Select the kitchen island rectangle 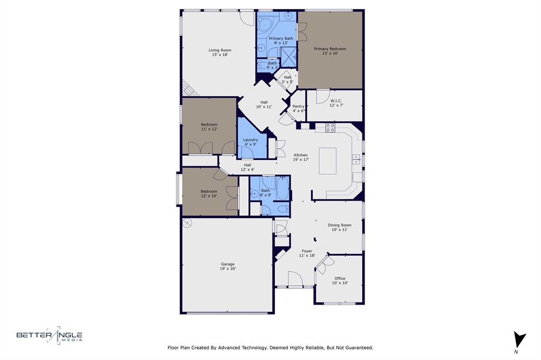click(328, 161)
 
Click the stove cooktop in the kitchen click(330, 127)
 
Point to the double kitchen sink click(357, 159)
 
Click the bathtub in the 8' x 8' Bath click(283, 189)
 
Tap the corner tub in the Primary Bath click(265, 24)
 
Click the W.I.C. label click(337, 103)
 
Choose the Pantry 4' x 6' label click(299, 108)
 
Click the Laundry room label click(250, 142)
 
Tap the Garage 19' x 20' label click(228, 266)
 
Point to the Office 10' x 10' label click(340, 280)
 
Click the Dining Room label click(339, 227)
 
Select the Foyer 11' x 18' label click(307, 253)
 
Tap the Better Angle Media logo click(49, 335)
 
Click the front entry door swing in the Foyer click(294, 278)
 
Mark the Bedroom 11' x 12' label click(209, 127)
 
